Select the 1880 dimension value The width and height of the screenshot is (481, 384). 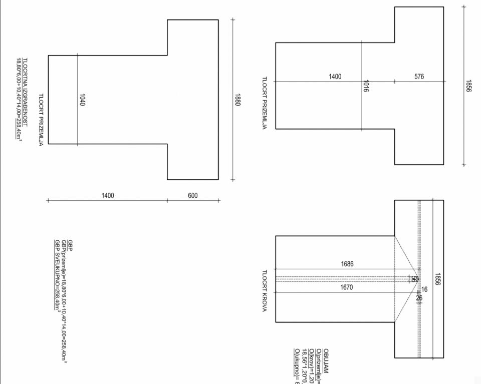coord(238,100)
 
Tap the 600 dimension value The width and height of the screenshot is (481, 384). coord(193,196)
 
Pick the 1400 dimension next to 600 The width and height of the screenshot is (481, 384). coord(108,196)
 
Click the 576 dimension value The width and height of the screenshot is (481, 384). coord(419,77)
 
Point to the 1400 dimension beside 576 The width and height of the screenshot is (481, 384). coord(335,77)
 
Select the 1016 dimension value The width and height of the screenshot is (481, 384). coord(366,86)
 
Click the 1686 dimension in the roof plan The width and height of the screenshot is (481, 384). coord(347,264)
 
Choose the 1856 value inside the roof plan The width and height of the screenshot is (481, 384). coord(437,279)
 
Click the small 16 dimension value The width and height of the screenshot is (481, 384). coord(424,289)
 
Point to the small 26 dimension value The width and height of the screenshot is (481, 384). coord(419,298)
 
